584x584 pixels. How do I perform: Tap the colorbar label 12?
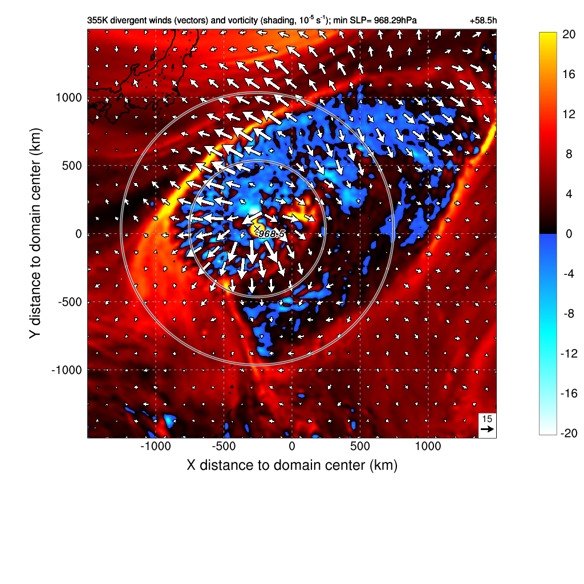[568, 114]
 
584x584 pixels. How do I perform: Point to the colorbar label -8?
[569, 314]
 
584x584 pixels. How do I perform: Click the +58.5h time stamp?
[483, 21]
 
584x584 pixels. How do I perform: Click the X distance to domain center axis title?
[292, 465]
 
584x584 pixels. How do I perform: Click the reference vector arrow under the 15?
[487, 429]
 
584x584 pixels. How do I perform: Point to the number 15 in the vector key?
[487, 419]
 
